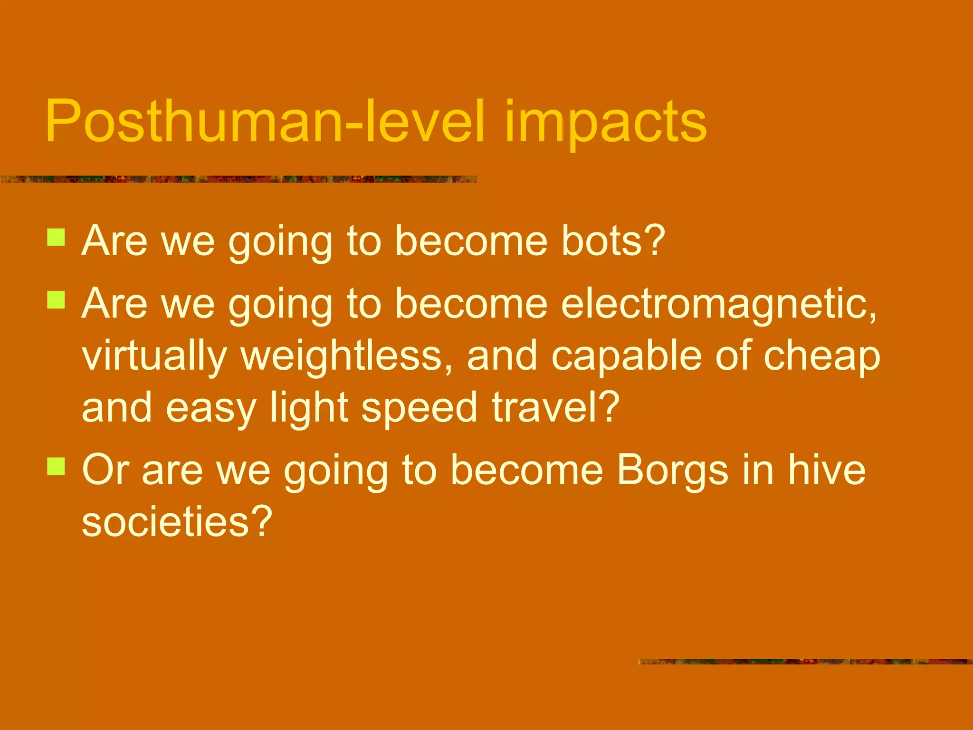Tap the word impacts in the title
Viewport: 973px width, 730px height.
pyautogui.click(x=606, y=123)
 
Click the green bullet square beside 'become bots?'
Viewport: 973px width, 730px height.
pyautogui.click(x=56, y=237)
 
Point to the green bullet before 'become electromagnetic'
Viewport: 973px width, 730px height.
pyautogui.click(x=56, y=300)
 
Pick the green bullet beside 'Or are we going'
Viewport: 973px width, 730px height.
pyautogui.click(x=56, y=466)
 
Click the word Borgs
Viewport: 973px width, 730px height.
pyautogui.click(x=672, y=471)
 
